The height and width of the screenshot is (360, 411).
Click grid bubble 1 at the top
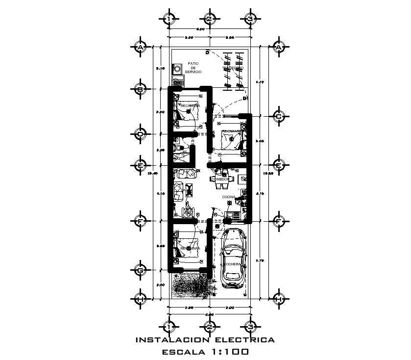click(169, 19)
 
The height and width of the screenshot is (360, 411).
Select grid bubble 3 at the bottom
click(250, 327)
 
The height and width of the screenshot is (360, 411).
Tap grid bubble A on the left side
click(140, 47)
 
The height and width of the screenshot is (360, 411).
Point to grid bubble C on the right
click(279, 116)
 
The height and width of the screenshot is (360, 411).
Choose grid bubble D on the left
click(140, 134)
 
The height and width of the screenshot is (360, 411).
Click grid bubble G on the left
click(140, 270)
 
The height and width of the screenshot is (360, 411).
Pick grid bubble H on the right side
click(279, 298)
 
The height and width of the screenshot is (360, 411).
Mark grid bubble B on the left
click(140, 89)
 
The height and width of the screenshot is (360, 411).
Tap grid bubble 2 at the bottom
click(209, 327)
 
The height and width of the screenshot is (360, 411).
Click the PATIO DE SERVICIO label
click(193, 68)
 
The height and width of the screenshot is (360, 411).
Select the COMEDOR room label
click(220, 180)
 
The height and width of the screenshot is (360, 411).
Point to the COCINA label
click(229, 197)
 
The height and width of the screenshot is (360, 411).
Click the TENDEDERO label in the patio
click(233, 68)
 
